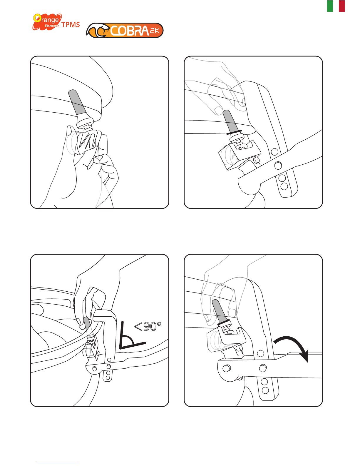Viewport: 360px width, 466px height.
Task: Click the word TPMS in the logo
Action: (71, 25)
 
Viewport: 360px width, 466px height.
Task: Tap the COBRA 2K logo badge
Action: (125, 31)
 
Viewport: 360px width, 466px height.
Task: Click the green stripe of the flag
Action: (330, 6)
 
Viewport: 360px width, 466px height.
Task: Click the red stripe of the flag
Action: (342, 6)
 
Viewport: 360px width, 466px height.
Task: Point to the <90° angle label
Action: (148, 326)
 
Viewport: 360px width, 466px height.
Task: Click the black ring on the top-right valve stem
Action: (234, 132)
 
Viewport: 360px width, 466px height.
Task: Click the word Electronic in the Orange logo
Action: (52, 26)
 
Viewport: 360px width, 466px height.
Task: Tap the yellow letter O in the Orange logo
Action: (37, 18)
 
